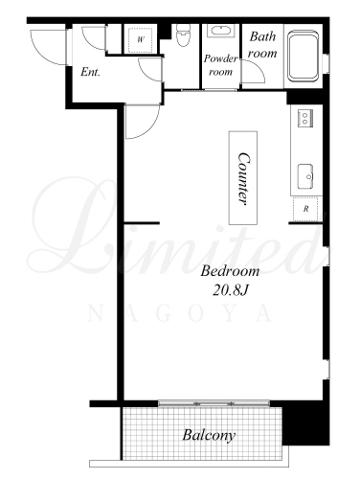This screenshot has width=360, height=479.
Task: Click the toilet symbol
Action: coord(183,35)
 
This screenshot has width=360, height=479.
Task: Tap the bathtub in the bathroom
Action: coord(303,57)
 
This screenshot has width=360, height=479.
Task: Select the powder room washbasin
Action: coord(221,32)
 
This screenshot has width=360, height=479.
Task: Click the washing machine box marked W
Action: coord(141,40)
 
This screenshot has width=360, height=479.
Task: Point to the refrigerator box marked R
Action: coord(305,209)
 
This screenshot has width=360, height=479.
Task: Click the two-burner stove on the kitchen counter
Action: coord(305,118)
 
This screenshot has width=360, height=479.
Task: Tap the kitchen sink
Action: coord(305,176)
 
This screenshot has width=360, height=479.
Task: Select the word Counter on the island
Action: coord(243,178)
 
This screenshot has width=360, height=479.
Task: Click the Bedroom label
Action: coord(230,271)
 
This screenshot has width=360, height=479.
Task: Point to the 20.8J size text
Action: coord(230,290)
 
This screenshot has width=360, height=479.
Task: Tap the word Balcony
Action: coord(209,435)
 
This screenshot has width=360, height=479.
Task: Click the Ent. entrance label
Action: coord(90,72)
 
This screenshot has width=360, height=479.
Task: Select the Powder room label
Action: coord(220,65)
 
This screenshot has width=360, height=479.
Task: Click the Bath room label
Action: coord(262,45)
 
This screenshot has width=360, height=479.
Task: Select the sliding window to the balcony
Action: coord(214,403)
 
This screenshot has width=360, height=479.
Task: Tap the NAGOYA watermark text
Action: coord(180,313)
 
